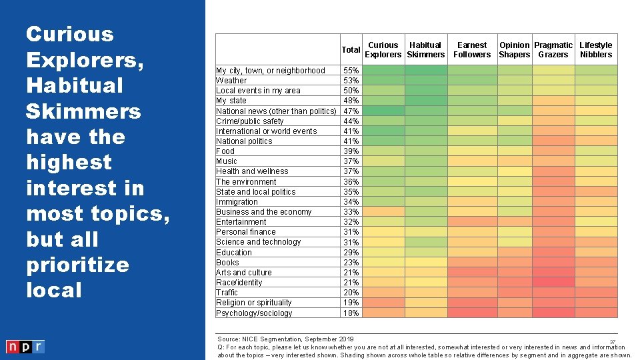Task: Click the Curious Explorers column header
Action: (383, 50)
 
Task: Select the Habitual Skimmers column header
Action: (425, 50)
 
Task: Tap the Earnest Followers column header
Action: (472, 50)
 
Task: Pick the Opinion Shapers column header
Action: (515, 50)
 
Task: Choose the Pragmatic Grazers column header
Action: (553, 50)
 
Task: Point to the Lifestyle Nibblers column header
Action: (596, 50)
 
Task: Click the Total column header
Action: (351, 50)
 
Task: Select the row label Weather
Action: (231, 81)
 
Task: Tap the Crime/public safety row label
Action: (249, 121)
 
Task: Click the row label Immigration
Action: (237, 202)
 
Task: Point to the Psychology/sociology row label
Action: (254, 313)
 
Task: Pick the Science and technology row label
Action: (258, 242)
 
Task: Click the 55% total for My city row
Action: (351, 71)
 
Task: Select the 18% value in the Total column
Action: (351, 313)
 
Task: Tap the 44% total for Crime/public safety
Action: (351, 121)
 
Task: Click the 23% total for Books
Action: (351, 263)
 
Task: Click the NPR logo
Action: (25, 347)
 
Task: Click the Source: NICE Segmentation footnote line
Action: (285, 339)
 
